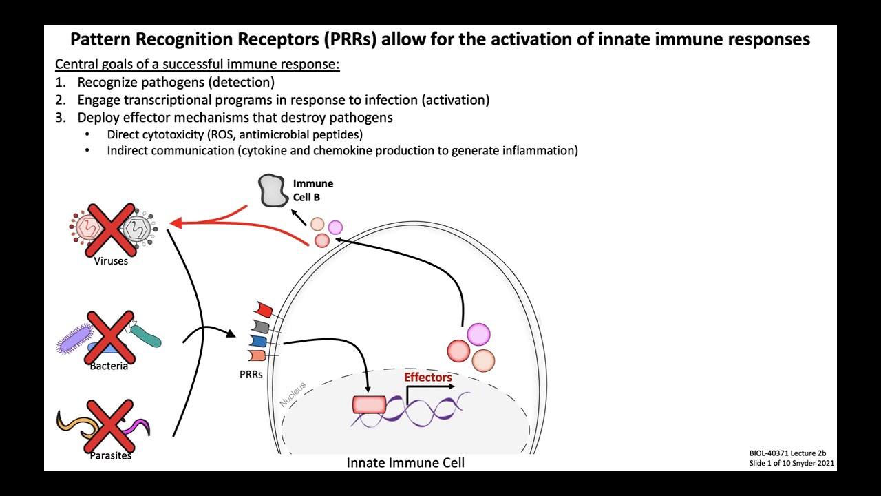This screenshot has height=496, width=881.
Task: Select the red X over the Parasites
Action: tap(109, 426)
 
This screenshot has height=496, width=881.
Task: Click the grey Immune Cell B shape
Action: tap(273, 190)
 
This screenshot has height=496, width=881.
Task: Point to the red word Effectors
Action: tap(427, 378)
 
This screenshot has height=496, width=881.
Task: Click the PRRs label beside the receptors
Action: tap(251, 375)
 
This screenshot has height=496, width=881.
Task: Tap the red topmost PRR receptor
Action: tap(264, 309)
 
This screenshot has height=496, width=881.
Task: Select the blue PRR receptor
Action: tap(258, 341)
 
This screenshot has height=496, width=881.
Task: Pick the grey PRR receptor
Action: tap(261, 326)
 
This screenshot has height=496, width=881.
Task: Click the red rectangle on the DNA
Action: tap(369, 405)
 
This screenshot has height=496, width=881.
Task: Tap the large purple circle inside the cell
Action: tap(478, 335)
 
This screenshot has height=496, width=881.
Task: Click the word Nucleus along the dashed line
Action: tap(293, 394)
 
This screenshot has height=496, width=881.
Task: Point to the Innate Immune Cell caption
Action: tap(405, 463)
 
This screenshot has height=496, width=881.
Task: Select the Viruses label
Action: tap(111, 261)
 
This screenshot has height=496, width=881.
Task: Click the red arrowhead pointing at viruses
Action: tap(175, 223)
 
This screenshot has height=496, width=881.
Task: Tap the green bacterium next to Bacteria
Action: tap(146, 335)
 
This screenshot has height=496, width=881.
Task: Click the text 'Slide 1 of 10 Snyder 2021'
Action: tap(792, 463)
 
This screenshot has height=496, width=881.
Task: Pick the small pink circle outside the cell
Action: tap(335, 227)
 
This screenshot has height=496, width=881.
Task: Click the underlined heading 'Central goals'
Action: tap(197, 64)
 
